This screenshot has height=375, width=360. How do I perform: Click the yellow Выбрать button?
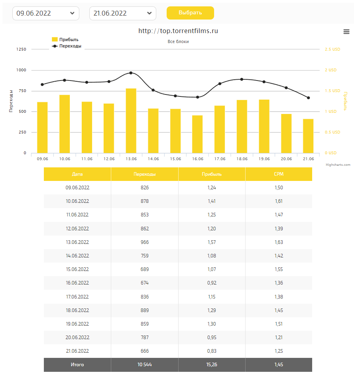[190, 13]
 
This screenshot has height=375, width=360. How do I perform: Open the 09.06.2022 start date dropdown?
[46, 13]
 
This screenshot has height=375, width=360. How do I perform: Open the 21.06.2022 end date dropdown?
[122, 13]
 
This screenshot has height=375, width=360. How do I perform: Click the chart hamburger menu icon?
[346, 32]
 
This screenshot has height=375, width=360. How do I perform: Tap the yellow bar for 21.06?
[308, 136]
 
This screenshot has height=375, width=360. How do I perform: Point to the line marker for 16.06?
[197, 97]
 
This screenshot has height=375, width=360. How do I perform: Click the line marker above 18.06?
[242, 79]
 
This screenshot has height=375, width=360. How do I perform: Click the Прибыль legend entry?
[65, 39]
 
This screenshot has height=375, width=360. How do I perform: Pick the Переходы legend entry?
[67, 46]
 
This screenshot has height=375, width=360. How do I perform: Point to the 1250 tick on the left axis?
[22, 49]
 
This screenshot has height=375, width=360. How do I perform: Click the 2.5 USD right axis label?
[332, 49]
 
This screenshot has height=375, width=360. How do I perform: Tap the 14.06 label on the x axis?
[153, 159]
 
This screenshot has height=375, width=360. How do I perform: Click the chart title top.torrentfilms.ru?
[178, 31]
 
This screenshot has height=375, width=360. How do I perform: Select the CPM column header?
[279, 174]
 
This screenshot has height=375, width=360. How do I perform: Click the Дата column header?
[77, 174]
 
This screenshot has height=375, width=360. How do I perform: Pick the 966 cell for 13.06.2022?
[144, 242]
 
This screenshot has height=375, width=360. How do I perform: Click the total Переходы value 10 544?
[144, 365]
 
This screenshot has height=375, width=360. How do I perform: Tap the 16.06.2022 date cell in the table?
[77, 283]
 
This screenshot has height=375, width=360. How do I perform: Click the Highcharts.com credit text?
[338, 165]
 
